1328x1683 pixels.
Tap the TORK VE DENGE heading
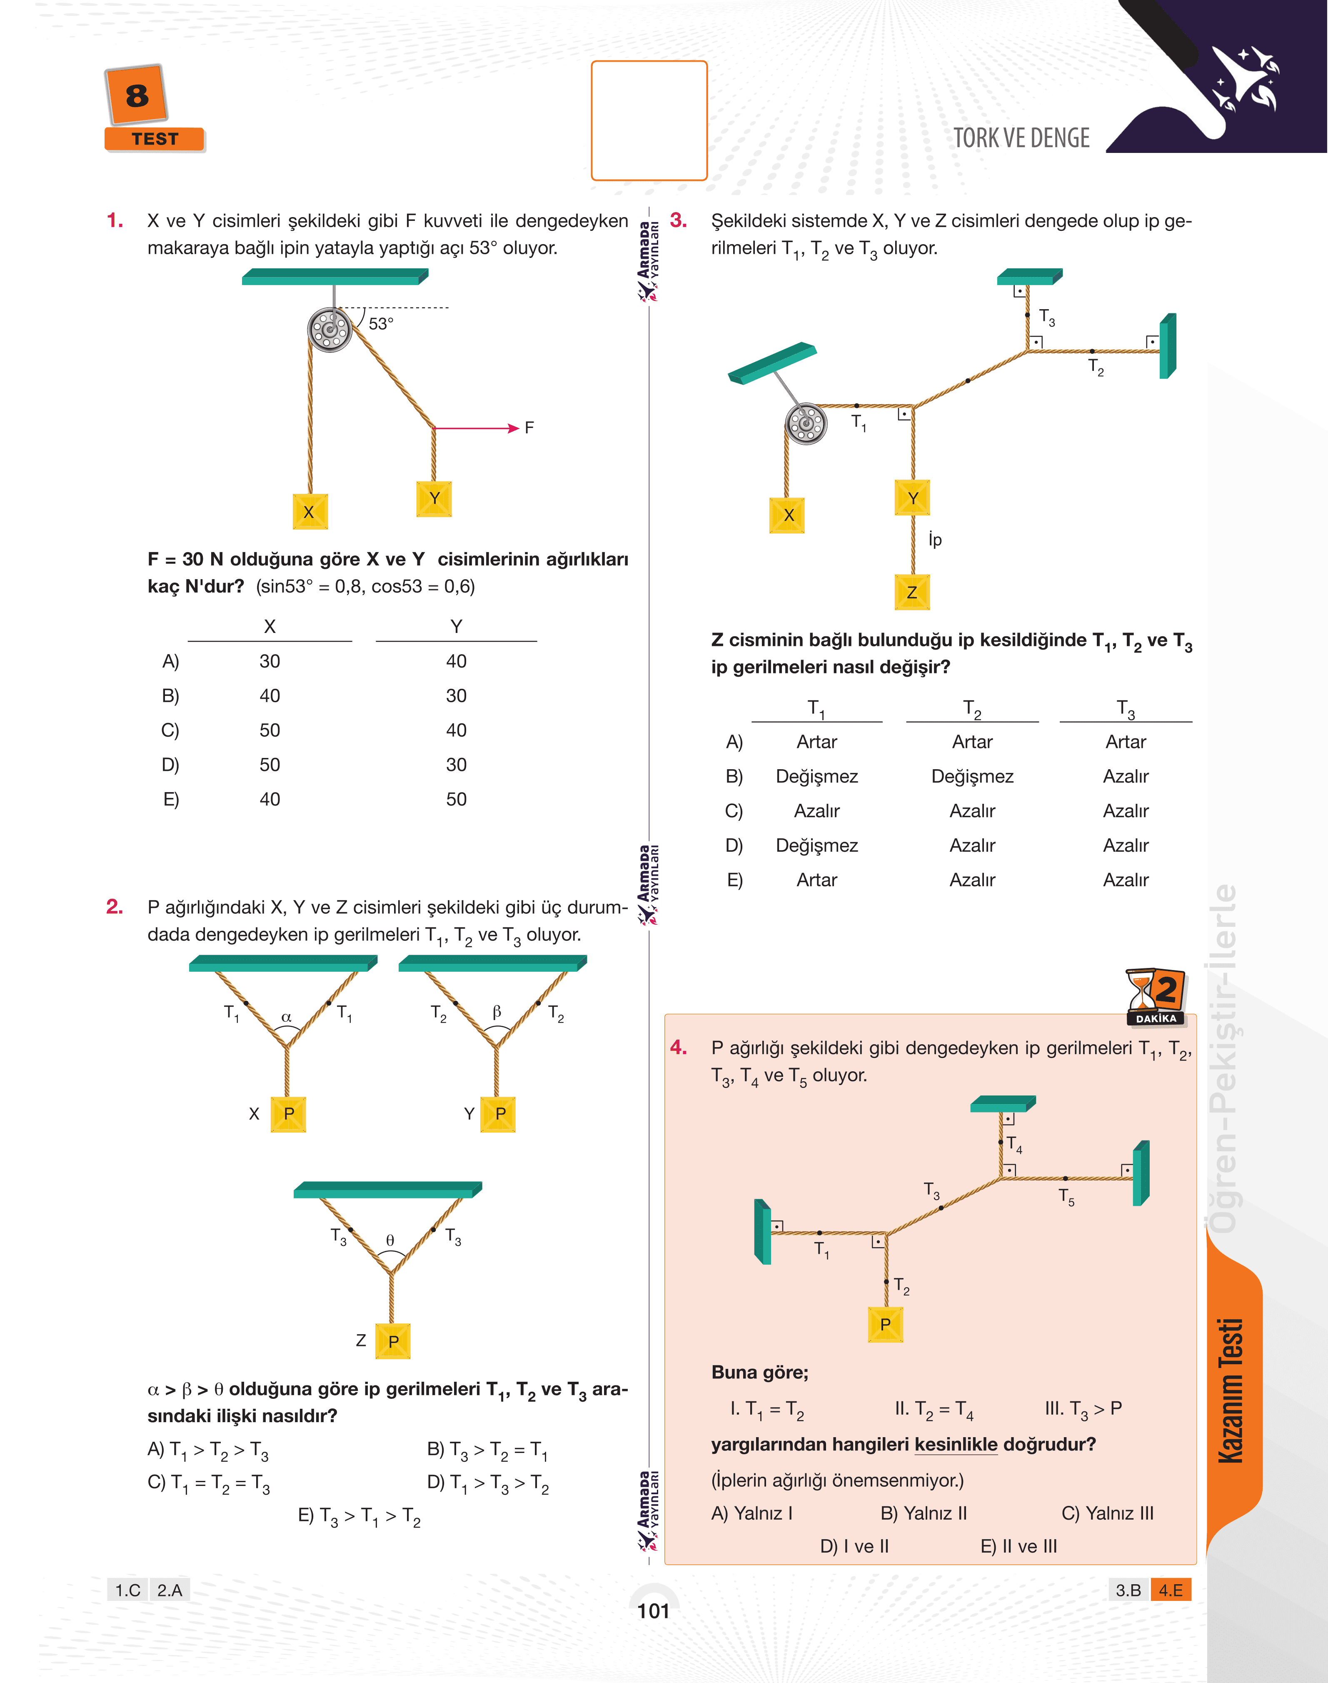click(x=1021, y=138)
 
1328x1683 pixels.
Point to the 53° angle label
click(x=381, y=323)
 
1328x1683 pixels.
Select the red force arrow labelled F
click(x=476, y=428)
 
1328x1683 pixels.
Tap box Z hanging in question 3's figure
click(x=912, y=592)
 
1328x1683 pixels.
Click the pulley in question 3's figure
click(x=806, y=424)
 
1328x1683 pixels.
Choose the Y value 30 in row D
click(x=457, y=765)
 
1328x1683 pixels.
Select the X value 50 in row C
click(x=270, y=730)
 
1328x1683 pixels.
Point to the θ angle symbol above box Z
click(x=390, y=1240)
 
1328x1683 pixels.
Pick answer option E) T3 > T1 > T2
click(x=359, y=1517)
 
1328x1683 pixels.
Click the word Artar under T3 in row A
click(x=1126, y=742)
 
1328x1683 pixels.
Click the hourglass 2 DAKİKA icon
click(x=1156, y=997)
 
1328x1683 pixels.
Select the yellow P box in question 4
click(x=886, y=1325)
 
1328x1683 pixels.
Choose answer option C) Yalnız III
click(x=1107, y=1513)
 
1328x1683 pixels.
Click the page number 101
click(x=653, y=1610)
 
